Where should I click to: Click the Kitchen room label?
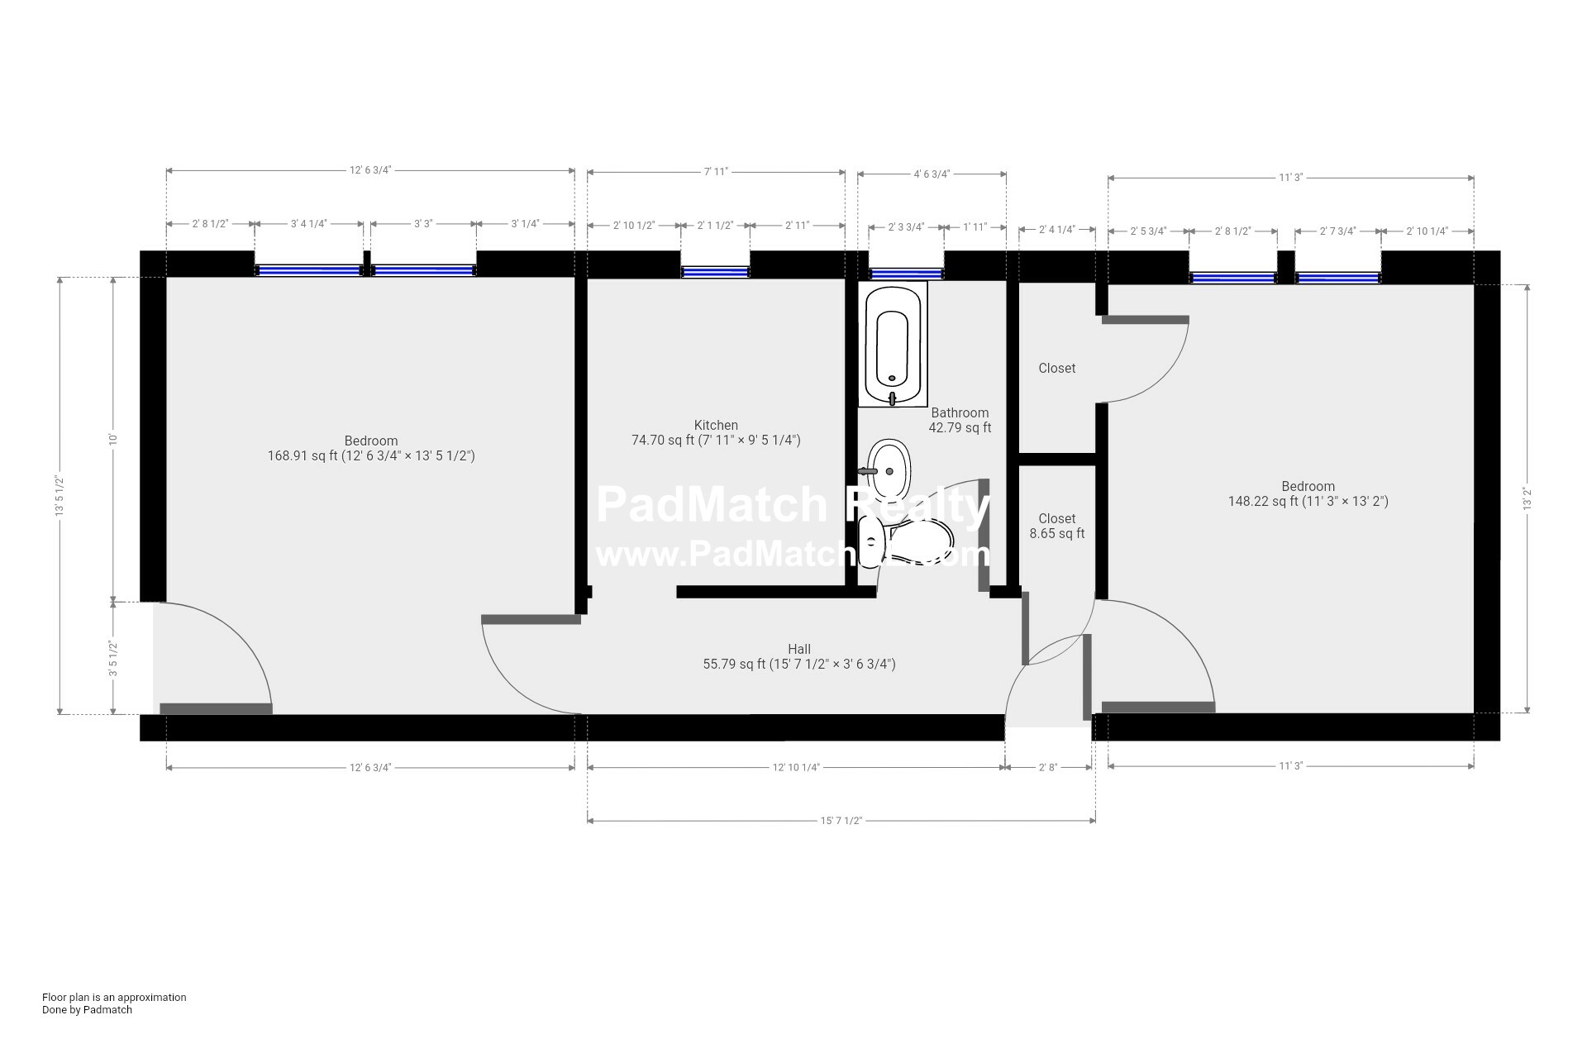[716, 426]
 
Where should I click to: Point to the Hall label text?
[798, 650]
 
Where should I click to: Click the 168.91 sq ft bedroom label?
[371, 449]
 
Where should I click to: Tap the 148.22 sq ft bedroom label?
[1308, 494]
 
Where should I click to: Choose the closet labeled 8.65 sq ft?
[1056, 527]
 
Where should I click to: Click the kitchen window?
[715, 272]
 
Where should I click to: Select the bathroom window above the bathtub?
[905, 274]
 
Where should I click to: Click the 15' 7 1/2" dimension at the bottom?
[841, 821]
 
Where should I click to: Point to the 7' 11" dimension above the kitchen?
[716, 172]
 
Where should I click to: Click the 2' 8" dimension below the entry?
[1047, 768]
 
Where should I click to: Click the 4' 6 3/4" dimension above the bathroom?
[932, 174]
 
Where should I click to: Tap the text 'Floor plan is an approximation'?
[114, 997]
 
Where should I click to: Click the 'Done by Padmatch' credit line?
[87, 1009]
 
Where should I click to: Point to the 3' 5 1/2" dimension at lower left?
[113, 659]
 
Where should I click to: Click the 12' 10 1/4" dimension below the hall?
[795, 768]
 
